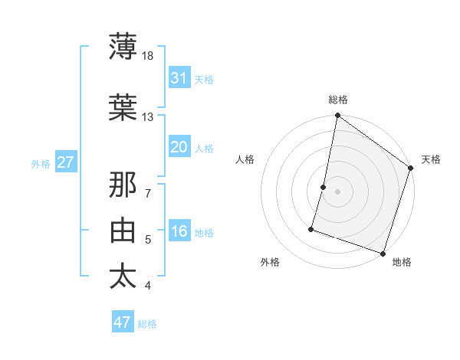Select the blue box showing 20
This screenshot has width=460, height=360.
click(x=179, y=147)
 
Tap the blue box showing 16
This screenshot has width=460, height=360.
click(x=179, y=232)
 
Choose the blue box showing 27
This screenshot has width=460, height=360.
click(x=65, y=162)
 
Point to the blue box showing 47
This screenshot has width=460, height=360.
click(x=123, y=322)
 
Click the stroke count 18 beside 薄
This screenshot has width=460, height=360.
click(x=148, y=56)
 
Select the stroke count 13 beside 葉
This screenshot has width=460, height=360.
click(x=148, y=116)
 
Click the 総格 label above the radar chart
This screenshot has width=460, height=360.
click(x=338, y=100)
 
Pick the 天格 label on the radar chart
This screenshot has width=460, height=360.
click(x=431, y=159)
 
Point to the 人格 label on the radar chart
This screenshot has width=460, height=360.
click(x=245, y=159)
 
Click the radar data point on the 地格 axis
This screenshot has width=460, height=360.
click(x=383, y=253)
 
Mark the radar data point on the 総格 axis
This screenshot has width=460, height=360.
click(x=337, y=116)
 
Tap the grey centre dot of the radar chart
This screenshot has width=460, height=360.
click(x=337, y=191)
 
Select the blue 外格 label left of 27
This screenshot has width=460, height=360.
click(x=41, y=163)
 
